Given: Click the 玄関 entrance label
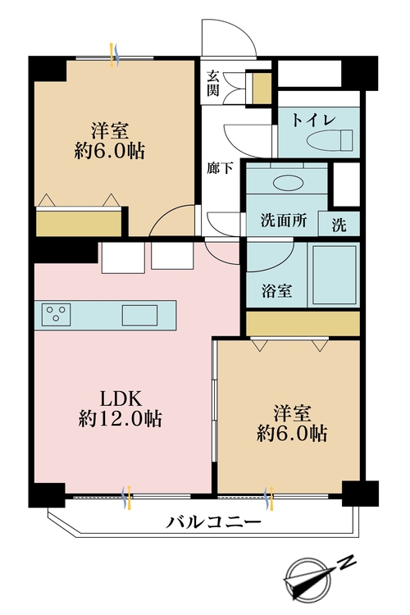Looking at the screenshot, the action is (213, 83).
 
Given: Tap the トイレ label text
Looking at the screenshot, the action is (314, 121).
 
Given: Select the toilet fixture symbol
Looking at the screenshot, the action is (330, 139).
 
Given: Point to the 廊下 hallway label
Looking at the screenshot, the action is (220, 168).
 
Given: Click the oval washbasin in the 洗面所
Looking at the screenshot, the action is (287, 182).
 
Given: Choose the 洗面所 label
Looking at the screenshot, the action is (284, 221).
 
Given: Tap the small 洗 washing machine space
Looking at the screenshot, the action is (339, 225).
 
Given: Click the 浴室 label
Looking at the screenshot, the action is (276, 291).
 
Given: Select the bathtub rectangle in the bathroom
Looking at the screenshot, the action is (335, 274).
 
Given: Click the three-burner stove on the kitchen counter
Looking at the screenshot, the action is (55, 315).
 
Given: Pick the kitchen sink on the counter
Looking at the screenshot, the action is (139, 315).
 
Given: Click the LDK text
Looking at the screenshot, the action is (121, 399).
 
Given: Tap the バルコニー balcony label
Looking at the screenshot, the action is (213, 522).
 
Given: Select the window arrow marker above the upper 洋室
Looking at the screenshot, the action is (114, 55).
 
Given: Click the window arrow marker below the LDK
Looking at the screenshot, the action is (127, 497).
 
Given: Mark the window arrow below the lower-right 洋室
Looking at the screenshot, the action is (269, 498).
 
